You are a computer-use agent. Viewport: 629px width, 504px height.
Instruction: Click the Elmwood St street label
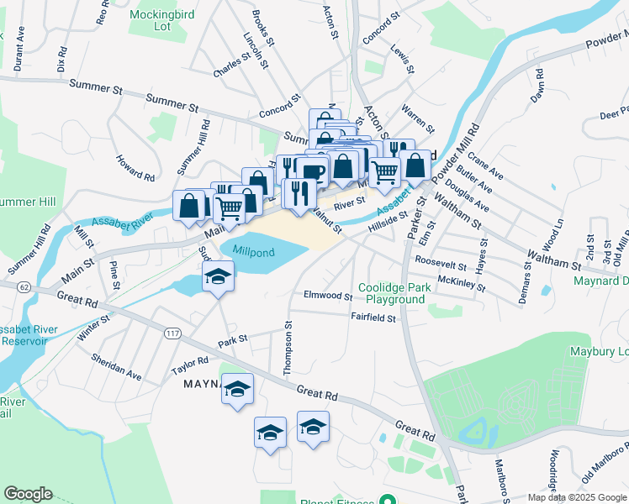(x=328, y=296)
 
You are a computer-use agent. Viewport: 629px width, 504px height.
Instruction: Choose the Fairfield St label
(x=373, y=318)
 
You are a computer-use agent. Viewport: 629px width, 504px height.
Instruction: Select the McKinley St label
(x=462, y=283)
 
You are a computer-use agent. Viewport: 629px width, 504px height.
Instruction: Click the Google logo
(x=28, y=494)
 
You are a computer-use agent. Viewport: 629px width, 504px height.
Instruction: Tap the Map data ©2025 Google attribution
(x=576, y=497)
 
